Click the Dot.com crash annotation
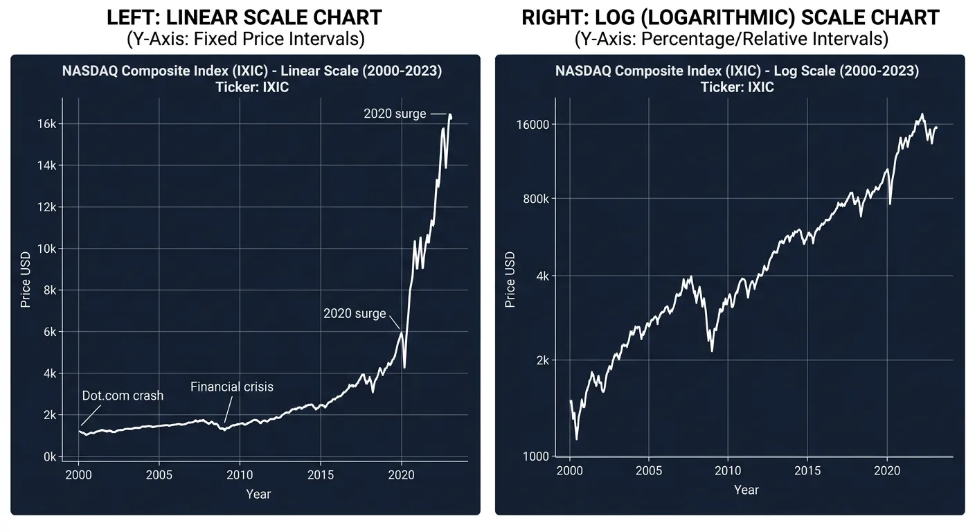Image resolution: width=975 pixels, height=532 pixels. pos(123,396)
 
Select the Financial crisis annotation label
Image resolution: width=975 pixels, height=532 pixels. pos(231,387)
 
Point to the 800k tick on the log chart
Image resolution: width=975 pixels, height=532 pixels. pos(536,199)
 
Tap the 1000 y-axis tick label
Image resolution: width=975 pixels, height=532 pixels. pos(535,456)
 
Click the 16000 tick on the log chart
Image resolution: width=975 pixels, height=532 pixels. pos(533,125)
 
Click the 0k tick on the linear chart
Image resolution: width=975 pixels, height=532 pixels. pos(48,457)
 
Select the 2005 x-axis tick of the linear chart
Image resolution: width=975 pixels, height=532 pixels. pos(159,475)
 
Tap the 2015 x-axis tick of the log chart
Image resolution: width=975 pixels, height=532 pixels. pos(807,471)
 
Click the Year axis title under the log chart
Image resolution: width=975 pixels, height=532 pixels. pos(746,490)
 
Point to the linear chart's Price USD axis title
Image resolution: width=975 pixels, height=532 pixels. pos(26,280)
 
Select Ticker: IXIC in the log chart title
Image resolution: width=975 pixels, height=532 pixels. pos(737,87)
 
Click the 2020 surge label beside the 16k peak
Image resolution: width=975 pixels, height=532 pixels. pos(395,114)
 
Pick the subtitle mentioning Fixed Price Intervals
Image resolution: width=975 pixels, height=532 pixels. pos(245,39)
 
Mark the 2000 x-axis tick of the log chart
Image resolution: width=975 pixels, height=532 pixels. pos(570,471)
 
